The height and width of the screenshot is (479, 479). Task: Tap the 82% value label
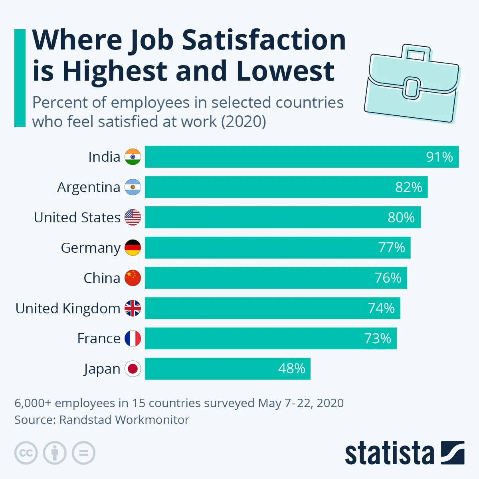(x=408, y=187)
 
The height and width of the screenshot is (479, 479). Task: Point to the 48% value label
(x=291, y=368)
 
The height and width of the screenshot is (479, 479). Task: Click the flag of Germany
(x=133, y=248)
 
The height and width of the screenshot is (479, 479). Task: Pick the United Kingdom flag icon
(x=133, y=308)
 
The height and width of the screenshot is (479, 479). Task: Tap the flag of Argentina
(x=133, y=187)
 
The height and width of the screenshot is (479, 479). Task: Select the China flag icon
(x=133, y=278)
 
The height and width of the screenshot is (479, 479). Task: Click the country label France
(x=99, y=338)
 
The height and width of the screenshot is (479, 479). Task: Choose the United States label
(x=77, y=218)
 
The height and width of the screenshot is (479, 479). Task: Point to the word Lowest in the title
(x=285, y=71)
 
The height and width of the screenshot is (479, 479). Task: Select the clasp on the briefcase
(x=411, y=88)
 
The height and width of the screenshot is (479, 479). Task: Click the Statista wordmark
(x=389, y=453)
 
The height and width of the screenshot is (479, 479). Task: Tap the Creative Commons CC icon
(x=26, y=453)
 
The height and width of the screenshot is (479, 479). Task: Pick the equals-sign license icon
(x=83, y=453)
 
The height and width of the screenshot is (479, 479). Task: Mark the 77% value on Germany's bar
(x=391, y=248)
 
